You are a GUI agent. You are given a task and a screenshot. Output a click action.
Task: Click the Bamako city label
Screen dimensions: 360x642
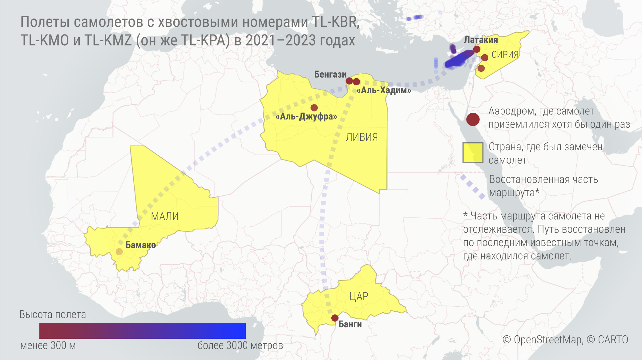point(140,245)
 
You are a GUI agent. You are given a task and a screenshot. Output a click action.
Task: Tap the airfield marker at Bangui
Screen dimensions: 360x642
point(335,318)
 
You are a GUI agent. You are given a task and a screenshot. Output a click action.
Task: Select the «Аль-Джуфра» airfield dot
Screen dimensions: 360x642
point(314,108)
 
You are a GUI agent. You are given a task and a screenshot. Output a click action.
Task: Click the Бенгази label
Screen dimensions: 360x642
point(330,74)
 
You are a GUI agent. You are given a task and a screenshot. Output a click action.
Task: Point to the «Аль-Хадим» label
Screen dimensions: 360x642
point(384,90)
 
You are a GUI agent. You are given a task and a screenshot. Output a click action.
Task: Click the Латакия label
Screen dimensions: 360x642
point(481,40)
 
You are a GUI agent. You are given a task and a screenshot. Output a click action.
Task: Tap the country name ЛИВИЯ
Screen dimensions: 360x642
point(362,137)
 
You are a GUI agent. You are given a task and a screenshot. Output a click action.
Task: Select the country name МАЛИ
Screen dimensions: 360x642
point(165,216)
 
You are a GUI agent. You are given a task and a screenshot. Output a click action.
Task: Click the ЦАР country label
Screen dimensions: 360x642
point(359,296)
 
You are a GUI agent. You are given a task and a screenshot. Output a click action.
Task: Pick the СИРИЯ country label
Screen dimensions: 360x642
point(505,55)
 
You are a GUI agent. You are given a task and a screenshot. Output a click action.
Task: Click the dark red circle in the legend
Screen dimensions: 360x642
point(473,119)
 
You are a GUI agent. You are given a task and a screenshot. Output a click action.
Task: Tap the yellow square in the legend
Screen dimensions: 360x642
point(473,152)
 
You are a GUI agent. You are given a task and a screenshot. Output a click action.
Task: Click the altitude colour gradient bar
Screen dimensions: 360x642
point(142,331)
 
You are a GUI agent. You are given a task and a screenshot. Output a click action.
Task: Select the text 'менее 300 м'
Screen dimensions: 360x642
point(48,346)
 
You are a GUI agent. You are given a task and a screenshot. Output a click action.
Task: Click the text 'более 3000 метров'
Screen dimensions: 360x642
point(240,346)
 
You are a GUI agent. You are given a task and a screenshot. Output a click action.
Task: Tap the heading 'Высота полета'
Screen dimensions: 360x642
point(53,314)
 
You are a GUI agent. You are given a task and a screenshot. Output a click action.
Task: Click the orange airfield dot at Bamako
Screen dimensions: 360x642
point(119,252)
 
